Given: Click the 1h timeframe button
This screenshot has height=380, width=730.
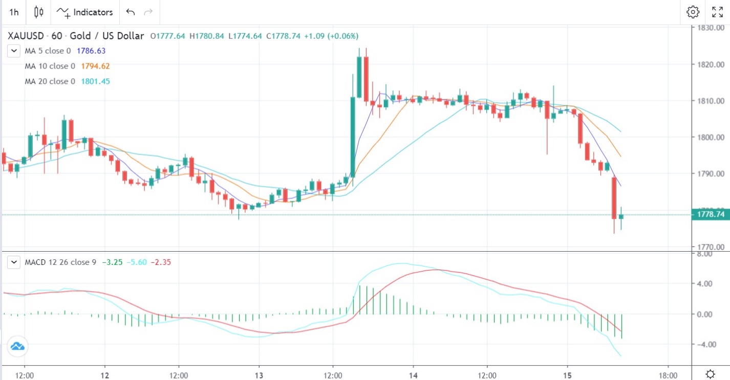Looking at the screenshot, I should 14,12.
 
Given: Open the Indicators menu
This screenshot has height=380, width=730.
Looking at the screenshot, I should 85,12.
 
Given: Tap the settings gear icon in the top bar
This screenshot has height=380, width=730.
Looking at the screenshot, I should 693,12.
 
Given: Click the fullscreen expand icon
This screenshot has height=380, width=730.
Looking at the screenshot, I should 717,12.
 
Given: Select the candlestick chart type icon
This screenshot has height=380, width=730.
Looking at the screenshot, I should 39,12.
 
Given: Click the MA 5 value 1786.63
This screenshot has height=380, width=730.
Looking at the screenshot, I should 91,51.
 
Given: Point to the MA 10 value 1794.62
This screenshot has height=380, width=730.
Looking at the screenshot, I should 95,66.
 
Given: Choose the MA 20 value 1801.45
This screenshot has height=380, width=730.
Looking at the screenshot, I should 95,81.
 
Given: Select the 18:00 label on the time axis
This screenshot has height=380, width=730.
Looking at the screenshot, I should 668,374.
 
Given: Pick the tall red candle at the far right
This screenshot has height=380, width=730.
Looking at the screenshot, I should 614,197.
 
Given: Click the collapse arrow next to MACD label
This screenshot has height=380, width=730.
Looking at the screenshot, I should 14,262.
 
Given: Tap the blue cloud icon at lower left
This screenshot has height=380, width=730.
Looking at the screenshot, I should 18,346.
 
